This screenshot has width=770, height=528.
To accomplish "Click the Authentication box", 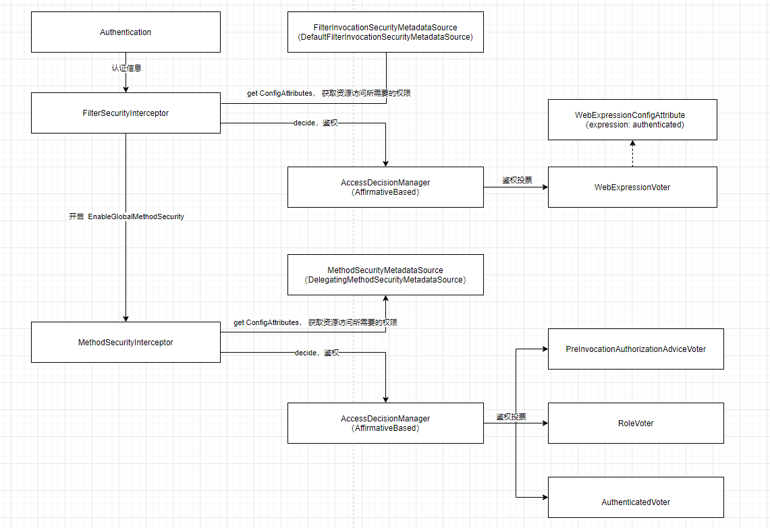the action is [x=126, y=32].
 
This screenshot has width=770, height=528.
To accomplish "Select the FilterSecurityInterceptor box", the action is [x=126, y=113].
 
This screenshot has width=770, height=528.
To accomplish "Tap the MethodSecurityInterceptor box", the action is [x=126, y=342].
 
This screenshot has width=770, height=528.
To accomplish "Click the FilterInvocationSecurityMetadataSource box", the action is [x=385, y=32].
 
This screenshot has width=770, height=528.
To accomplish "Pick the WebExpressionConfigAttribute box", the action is [x=632, y=120].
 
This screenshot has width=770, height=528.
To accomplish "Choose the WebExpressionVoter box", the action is [x=632, y=187].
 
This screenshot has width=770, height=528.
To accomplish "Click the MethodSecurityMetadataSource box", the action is [x=385, y=275].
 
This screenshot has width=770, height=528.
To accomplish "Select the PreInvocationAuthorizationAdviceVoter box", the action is [x=636, y=349].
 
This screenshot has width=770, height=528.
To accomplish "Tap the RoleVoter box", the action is [x=636, y=423].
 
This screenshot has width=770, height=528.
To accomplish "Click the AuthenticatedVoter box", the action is [x=636, y=497].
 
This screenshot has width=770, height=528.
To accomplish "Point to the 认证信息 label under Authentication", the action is [x=126, y=67].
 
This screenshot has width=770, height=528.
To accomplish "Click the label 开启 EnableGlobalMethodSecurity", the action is [x=126, y=216].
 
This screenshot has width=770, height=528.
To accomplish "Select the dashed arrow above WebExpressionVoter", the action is [x=632, y=154].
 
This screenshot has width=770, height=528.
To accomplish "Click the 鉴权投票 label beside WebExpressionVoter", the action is [x=517, y=180].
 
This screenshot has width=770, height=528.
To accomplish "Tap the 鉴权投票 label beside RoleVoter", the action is [x=512, y=417].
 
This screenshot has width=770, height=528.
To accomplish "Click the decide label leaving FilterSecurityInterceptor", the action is [x=316, y=123].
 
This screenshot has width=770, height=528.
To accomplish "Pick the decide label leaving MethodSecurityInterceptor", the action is [x=317, y=353].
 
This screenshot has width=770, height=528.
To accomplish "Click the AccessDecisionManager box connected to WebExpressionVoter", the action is [x=385, y=187].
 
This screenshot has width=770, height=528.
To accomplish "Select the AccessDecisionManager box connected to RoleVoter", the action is [x=385, y=423].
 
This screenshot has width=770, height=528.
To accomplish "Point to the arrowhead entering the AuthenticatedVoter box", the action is [x=545, y=497].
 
